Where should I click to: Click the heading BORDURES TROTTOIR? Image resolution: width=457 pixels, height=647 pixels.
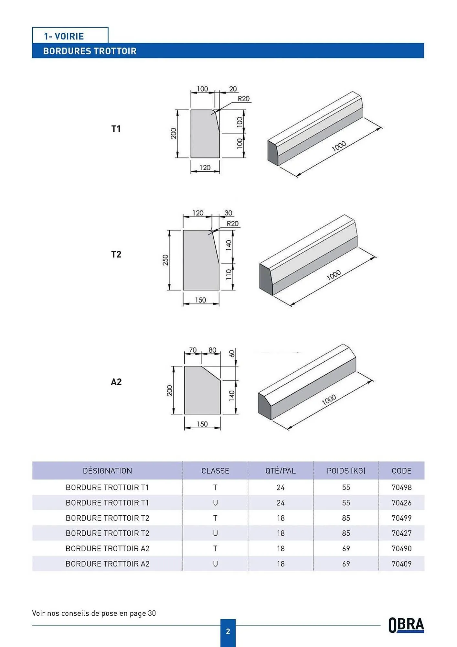(x=90, y=51)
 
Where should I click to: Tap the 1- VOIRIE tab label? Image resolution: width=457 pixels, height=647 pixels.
(x=64, y=36)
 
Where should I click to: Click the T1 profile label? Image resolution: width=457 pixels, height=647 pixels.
(x=116, y=129)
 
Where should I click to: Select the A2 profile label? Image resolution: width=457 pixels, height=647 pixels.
(x=116, y=382)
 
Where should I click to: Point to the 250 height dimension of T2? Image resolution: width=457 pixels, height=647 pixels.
(x=165, y=260)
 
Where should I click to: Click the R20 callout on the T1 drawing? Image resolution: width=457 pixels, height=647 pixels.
(x=244, y=99)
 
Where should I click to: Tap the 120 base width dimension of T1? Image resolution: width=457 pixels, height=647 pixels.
(x=205, y=168)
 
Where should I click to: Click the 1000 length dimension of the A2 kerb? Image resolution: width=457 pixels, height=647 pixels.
(x=329, y=400)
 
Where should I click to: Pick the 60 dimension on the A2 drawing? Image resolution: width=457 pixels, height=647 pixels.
(x=232, y=354)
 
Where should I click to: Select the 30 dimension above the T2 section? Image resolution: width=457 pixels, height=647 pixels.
(x=228, y=213)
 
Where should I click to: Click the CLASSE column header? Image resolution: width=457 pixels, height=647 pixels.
(x=215, y=471)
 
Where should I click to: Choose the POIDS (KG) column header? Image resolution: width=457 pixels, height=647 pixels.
(x=346, y=471)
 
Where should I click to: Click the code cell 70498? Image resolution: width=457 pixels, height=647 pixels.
(x=401, y=487)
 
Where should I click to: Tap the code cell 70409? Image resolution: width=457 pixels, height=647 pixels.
(x=401, y=564)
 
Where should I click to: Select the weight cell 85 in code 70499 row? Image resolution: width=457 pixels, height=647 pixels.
(x=346, y=518)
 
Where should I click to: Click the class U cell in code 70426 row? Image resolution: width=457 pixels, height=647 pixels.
(x=215, y=503)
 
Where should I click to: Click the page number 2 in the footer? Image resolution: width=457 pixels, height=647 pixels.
(x=228, y=631)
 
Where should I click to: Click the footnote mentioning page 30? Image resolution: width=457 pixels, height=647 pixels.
(x=94, y=613)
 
